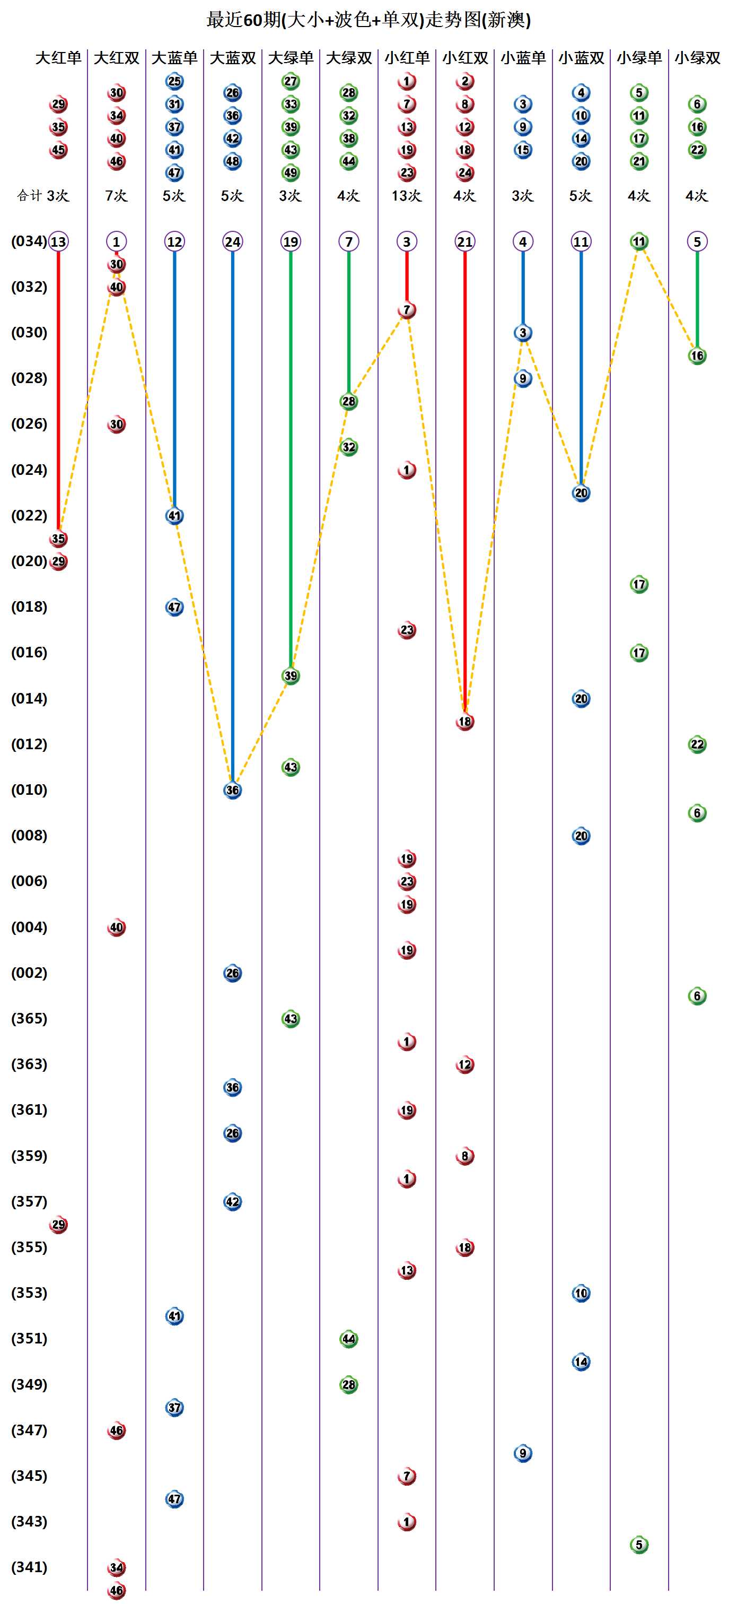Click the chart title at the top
coord(368,20)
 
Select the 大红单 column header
coord(58,58)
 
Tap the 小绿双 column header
coord(697,58)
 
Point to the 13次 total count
coord(407,195)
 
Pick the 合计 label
coord(30,195)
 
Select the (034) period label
coord(29,241)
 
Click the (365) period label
coord(29,1018)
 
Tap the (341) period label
coord(29,1567)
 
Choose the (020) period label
coord(29,561)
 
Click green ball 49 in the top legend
coord(291,172)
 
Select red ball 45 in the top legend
coord(58,150)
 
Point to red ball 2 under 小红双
coord(465,82)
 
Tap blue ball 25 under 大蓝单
coord(174,82)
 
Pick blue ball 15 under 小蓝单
coord(523,150)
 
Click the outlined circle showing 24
coord(233,241)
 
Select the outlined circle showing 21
coord(465,241)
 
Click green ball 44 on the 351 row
coord(348,1339)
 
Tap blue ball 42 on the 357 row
coord(233,1202)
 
